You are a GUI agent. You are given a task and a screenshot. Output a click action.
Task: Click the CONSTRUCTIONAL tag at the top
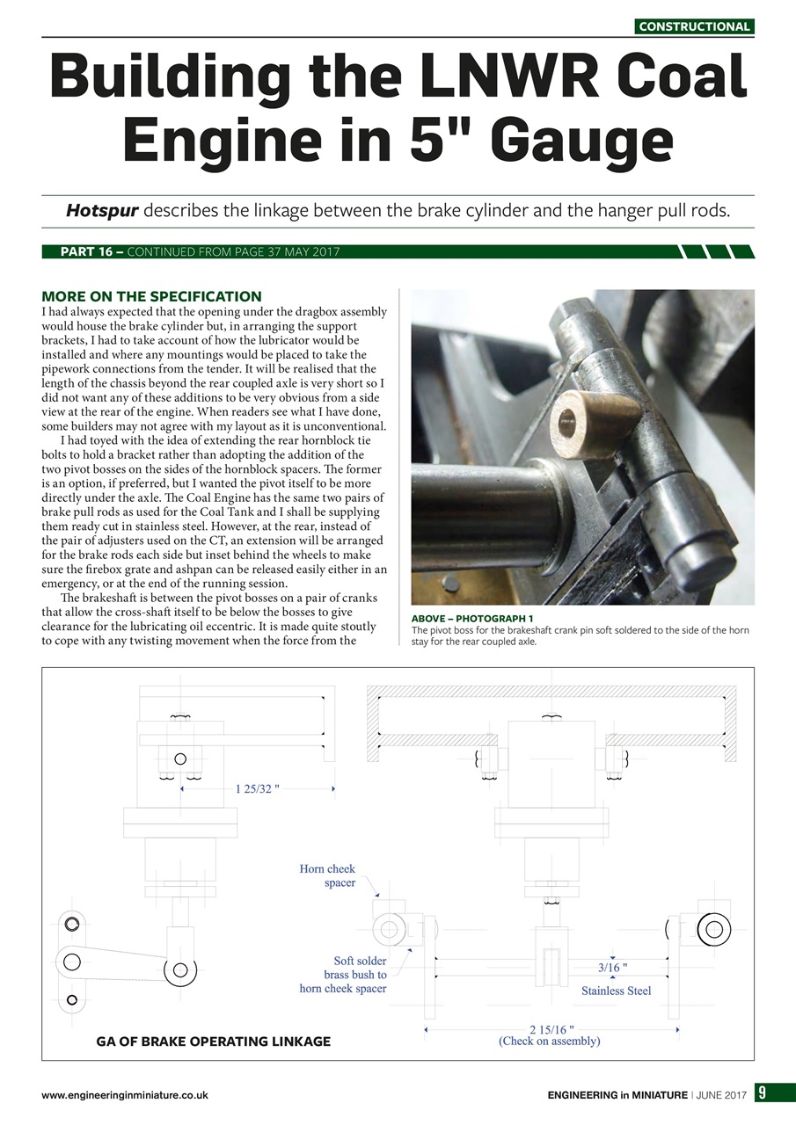click(x=694, y=26)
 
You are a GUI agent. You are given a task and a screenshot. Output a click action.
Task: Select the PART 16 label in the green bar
click(x=86, y=252)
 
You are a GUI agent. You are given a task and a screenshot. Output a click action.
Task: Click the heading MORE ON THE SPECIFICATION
click(x=151, y=296)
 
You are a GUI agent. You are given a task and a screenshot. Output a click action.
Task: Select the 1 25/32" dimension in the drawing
click(x=257, y=789)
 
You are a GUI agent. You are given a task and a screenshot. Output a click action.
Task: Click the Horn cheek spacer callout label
click(x=327, y=875)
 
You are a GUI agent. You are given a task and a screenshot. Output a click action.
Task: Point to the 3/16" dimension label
click(x=612, y=968)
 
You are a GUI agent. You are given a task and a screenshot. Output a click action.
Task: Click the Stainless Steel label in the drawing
click(x=616, y=991)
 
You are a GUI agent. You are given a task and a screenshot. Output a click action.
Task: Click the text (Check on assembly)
click(x=550, y=1042)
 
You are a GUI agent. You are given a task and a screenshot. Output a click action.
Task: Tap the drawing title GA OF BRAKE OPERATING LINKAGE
click(x=213, y=1042)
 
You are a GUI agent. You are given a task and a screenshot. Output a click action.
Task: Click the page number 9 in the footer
click(x=763, y=1093)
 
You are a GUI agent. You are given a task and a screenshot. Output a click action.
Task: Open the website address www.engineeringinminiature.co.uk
click(x=124, y=1095)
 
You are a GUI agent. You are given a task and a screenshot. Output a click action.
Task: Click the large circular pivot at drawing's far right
click(x=713, y=930)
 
